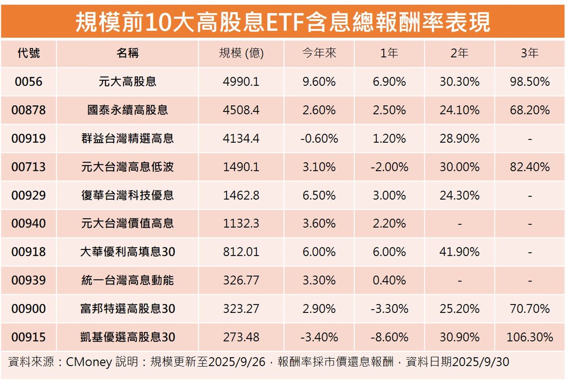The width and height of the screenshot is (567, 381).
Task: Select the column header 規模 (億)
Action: tap(241, 53)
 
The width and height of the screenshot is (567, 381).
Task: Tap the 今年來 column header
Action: tap(319, 53)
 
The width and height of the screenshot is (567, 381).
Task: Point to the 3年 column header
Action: tap(529, 53)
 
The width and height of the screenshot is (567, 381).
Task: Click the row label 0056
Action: tap(28, 82)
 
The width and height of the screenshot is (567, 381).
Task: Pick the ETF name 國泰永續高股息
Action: tap(128, 110)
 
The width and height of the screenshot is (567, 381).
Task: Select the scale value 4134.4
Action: tap(241, 139)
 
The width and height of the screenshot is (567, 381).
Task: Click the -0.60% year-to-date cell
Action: tap(319, 139)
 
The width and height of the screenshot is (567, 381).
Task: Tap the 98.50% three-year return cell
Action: tap(529, 82)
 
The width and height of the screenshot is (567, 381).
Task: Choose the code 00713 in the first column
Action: tap(28, 167)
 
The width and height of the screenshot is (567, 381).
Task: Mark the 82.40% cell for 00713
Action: tap(529, 167)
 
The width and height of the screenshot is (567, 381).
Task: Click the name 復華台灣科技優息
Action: tap(128, 195)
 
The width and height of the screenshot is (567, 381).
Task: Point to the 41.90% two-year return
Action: tap(459, 252)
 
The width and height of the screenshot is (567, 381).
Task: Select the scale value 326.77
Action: tap(241, 280)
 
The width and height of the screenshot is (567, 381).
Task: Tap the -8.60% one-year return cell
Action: tap(389, 337)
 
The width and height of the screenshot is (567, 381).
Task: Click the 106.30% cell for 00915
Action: tap(529, 337)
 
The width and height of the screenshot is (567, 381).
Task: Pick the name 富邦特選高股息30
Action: tap(128, 309)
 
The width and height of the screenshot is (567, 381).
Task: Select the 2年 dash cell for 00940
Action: tap(459, 224)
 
